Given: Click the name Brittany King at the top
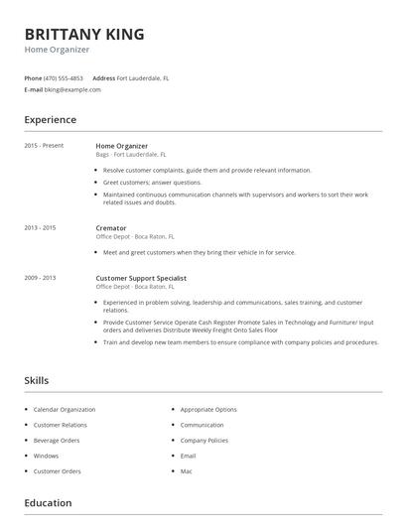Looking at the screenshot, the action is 84,34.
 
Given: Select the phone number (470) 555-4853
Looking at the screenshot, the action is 64,77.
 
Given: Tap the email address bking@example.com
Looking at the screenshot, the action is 72,89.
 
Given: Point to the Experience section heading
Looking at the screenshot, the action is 50,120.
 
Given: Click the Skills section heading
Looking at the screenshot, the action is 36,380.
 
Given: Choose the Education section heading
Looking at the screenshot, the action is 48,502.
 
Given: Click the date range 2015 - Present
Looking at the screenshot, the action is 44,146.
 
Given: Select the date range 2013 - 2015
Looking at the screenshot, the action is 40,228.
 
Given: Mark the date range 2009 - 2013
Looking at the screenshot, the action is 40,278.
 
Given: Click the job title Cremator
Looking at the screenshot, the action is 111,228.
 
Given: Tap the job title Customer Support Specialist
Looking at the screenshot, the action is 141,278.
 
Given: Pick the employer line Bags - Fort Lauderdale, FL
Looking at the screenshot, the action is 131,155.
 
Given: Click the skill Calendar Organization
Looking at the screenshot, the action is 65,409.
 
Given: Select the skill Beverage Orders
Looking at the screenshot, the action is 57,440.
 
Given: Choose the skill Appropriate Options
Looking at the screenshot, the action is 208,409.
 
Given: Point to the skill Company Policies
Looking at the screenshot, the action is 204,440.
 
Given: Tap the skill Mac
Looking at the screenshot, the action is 187,470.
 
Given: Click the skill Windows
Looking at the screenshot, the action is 46,456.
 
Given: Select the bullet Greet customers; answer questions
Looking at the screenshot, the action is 152,183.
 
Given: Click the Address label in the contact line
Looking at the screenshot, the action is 103,77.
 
